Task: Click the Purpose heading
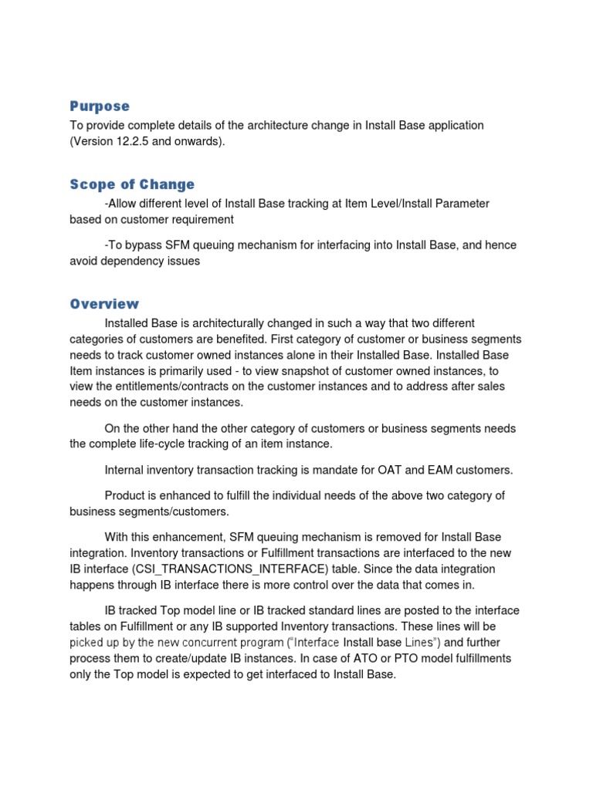coord(100,106)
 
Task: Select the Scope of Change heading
coord(132,184)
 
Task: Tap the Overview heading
coord(104,303)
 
